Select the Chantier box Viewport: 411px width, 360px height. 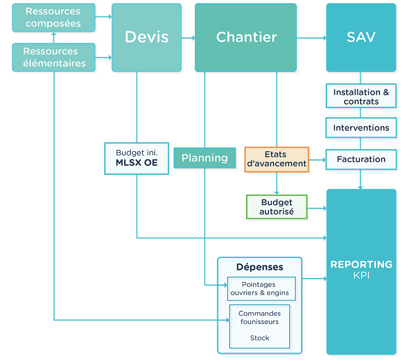(x=246, y=37)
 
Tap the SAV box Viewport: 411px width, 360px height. (x=361, y=37)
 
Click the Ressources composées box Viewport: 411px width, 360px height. (x=53, y=17)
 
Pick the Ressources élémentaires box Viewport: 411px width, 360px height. (x=53, y=57)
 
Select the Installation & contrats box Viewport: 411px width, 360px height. (x=361, y=97)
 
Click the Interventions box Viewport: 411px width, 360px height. (x=361, y=128)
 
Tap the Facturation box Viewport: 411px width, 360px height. (x=361, y=159)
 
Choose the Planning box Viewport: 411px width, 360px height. (x=204, y=158)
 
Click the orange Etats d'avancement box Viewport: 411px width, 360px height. (x=276, y=159)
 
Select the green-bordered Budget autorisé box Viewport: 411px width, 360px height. (x=276, y=207)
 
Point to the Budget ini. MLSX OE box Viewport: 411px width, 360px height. (x=136, y=158)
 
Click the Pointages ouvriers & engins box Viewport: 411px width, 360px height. (x=261, y=289)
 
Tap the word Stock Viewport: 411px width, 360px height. (x=259, y=338)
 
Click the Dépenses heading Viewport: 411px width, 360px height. (x=259, y=267)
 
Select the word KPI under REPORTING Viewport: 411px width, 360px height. (x=361, y=276)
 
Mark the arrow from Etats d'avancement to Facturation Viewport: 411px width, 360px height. (x=317, y=160)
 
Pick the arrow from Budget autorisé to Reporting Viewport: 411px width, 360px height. (x=317, y=208)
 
